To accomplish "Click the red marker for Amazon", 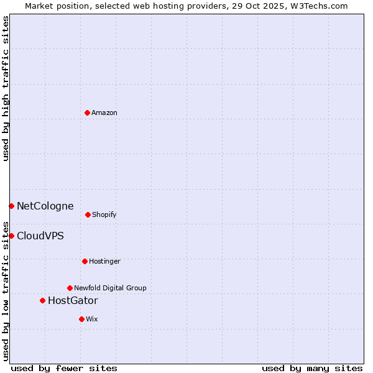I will pos(87,113).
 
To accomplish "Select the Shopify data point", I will pos(88,214).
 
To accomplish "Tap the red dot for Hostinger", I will pos(85,261).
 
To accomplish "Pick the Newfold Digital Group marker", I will pos(70,288).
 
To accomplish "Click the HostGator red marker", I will pos(42,300).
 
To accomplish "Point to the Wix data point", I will pos(81,319).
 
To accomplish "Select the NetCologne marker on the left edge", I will pos(11,206).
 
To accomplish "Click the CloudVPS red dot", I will pos(11,236).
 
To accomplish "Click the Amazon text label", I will pos(104,113).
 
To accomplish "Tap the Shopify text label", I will pos(104,214).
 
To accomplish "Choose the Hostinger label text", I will pos(104,261).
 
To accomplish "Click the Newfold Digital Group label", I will pos(110,288).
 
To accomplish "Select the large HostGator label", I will pos(73,301).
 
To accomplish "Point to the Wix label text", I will pos(92,319).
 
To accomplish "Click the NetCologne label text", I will pos(45,206).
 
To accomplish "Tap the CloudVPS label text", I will pos(40,236).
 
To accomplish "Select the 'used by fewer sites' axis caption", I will pos(64,368).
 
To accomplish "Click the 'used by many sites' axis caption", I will pos(312,368).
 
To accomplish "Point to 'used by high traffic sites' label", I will pos(6,88).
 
